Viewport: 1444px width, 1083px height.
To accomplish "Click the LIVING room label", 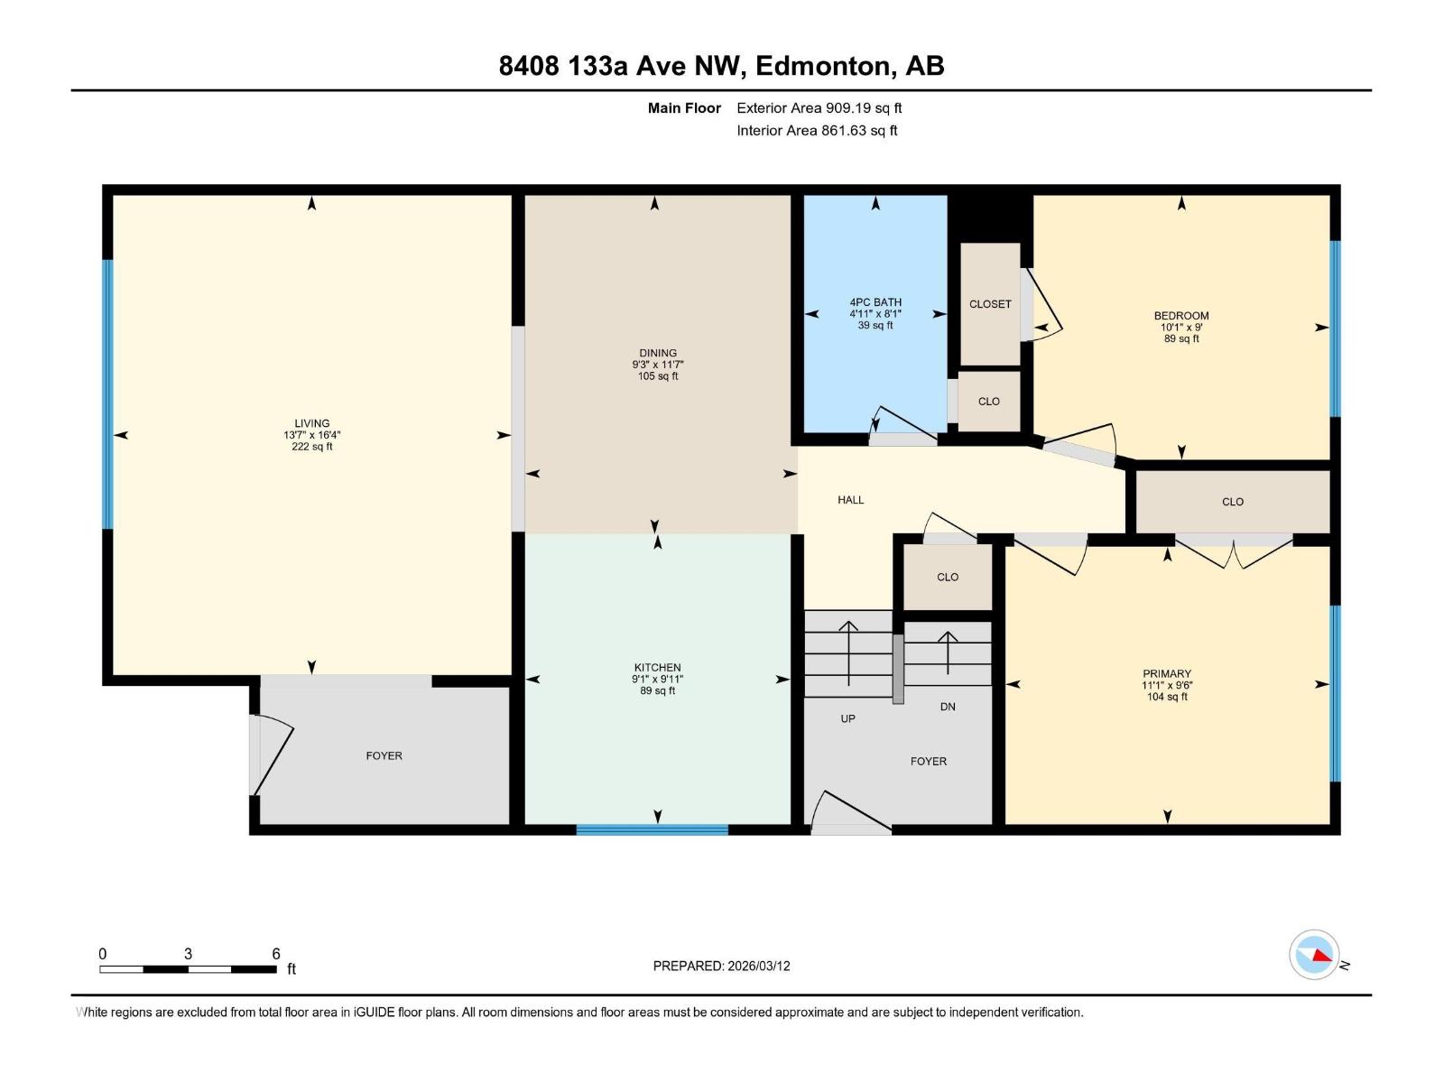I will (311, 423).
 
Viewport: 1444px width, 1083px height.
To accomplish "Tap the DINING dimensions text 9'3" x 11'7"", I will (658, 365).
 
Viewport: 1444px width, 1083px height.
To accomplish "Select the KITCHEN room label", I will (657, 668).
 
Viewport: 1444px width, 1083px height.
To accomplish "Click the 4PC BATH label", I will (875, 302).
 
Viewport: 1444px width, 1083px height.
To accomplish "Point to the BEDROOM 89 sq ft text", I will (1181, 339).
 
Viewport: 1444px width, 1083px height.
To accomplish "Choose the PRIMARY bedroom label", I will (1167, 673).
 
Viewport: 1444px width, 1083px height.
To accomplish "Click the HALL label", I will (850, 500).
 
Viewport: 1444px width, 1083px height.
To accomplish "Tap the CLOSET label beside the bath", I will (990, 304).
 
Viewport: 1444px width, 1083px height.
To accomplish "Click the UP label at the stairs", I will (847, 718).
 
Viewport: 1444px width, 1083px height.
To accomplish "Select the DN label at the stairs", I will (948, 707).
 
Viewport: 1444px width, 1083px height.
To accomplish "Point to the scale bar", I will (188, 969).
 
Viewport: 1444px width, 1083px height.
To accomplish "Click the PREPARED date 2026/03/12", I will (721, 966).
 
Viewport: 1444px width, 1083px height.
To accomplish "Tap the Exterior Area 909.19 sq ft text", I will (819, 108).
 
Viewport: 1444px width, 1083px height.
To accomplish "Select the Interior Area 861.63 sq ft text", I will (817, 131).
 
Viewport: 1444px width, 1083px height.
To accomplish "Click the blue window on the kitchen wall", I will (652, 829).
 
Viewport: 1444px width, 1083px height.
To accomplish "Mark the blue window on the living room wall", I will (107, 393).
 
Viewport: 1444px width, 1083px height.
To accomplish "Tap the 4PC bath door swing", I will (902, 424).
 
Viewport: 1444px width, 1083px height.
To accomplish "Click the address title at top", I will (721, 66).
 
